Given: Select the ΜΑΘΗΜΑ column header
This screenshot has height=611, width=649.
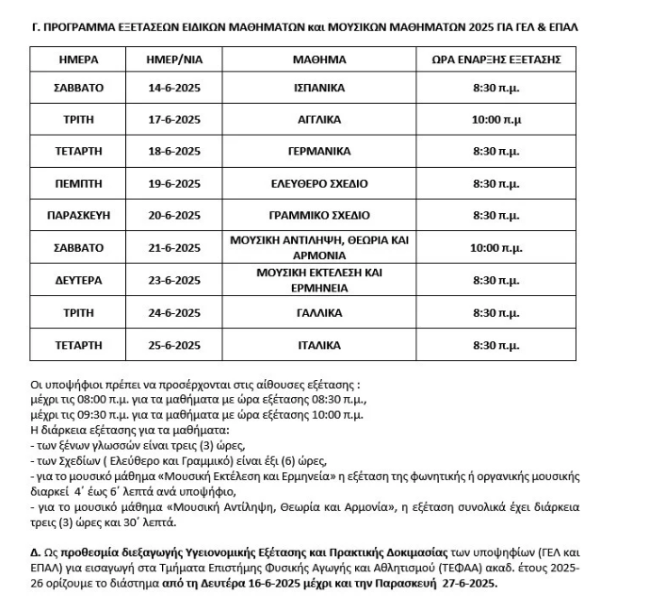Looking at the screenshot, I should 319,59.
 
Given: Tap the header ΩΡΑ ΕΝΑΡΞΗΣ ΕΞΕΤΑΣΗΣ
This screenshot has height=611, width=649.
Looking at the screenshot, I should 509,59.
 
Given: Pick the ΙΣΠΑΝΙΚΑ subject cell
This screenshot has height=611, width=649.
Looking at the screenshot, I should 319,88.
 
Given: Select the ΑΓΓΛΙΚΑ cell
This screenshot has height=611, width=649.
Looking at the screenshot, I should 319,120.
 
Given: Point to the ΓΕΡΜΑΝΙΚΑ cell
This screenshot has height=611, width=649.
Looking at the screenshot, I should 319,151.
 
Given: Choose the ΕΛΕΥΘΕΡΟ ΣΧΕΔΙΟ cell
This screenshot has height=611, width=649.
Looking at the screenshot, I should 319,183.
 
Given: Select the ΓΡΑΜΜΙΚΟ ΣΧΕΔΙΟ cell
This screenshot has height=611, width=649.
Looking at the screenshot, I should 319,216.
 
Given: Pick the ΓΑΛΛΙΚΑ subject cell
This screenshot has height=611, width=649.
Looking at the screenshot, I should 319,313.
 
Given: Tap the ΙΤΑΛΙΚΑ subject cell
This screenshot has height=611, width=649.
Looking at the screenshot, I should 319,345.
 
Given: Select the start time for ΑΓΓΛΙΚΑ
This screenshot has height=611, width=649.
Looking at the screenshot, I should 509,120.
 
